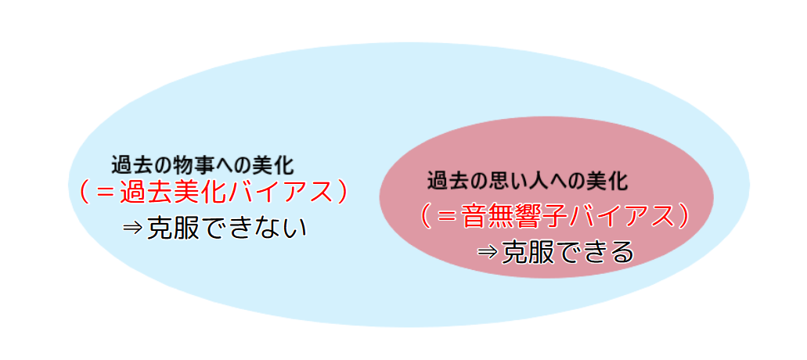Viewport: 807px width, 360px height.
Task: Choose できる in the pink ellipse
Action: point(593,253)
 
